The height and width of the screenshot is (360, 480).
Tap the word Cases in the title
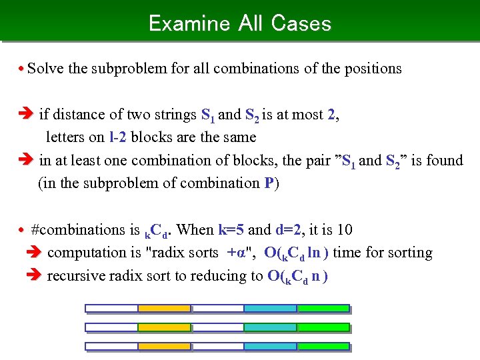coord(301,23)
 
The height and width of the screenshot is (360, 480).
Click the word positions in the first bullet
coord(373,69)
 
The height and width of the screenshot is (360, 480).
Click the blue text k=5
coord(232,230)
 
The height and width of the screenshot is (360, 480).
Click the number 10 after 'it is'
coord(345,230)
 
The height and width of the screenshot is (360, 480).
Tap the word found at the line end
coord(445,161)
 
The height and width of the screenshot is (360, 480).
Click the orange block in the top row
coord(164,309)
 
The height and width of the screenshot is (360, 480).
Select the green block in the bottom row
coord(323,347)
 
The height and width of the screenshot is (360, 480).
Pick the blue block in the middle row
coord(270,328)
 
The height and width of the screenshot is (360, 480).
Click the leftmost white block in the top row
coord(111,309)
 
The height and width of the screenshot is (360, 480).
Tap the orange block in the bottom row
coord(164,347)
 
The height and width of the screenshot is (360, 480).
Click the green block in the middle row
coord(323,328)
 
